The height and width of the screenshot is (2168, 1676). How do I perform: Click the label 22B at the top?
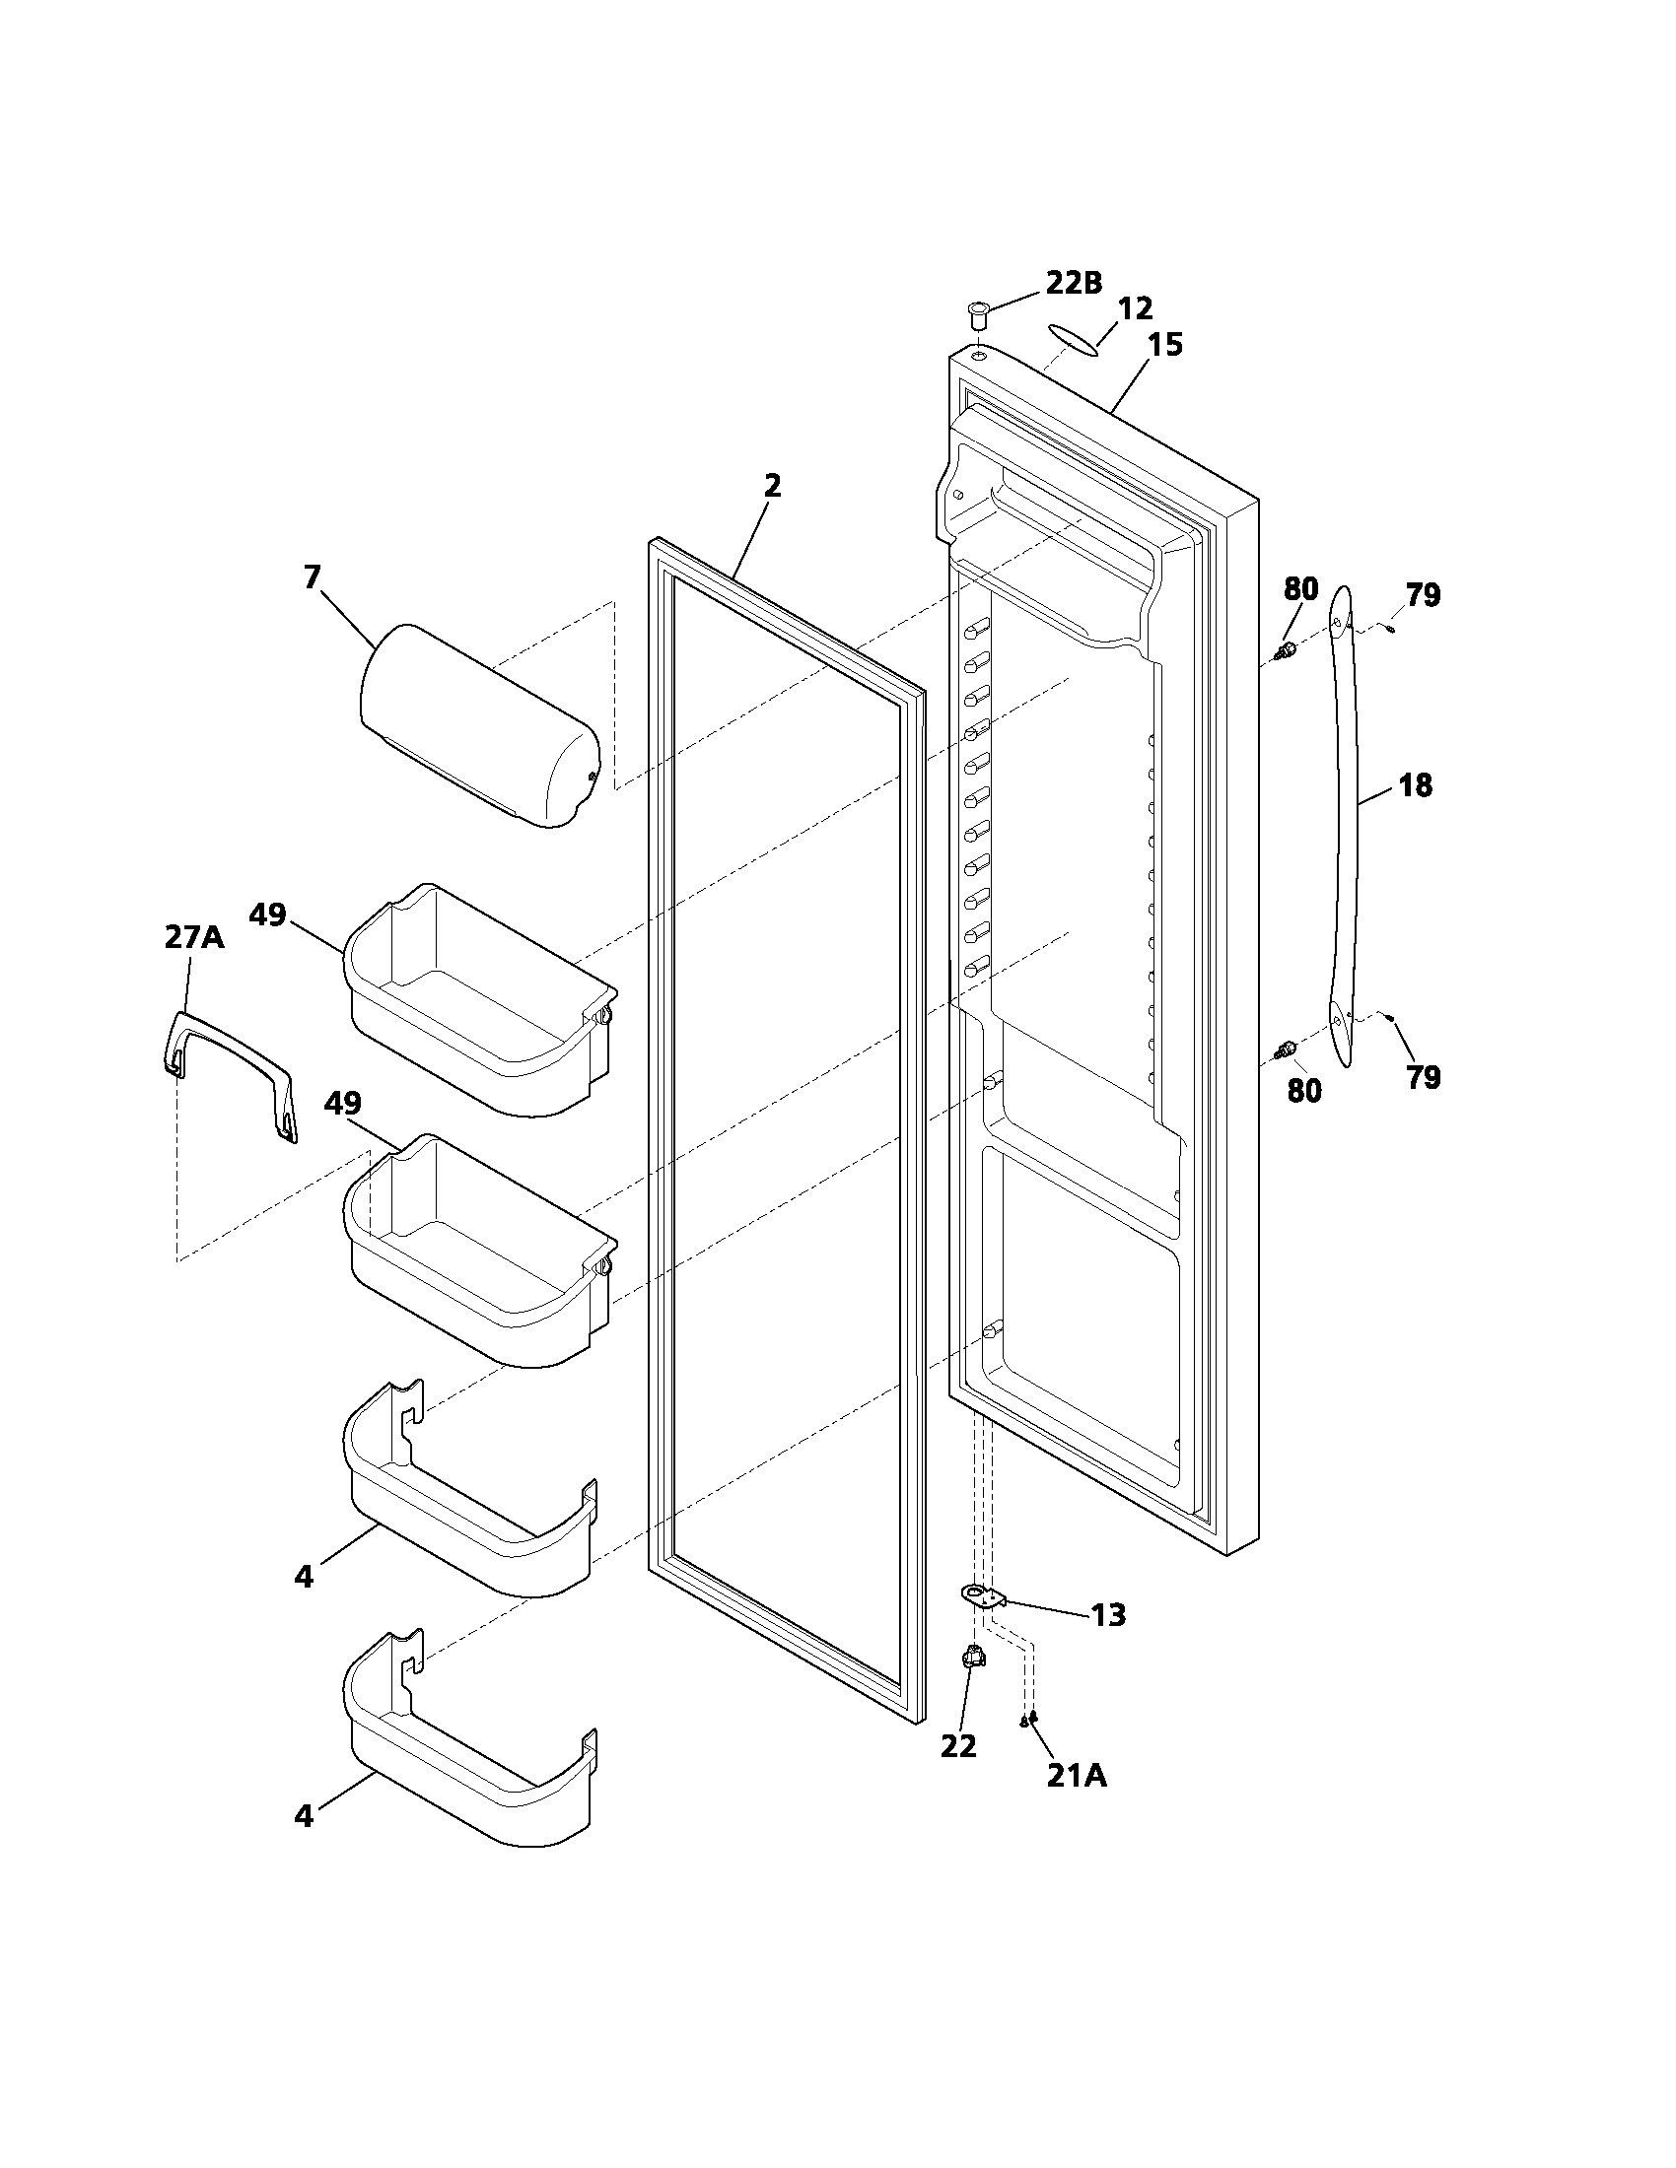click(x=1073, y=283)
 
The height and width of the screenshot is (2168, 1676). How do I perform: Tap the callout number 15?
click(x=1165, y=345)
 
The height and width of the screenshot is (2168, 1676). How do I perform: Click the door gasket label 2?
click(x=772, y=486)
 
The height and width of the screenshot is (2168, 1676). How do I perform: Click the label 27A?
click(x=193, y=936)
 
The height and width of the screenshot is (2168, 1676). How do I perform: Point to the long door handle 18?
click(x=1343, y=824)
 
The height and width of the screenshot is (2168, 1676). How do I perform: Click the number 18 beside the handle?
click(x=1415, y=785)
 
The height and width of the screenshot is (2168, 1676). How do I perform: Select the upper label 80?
click(x=1300, y=588)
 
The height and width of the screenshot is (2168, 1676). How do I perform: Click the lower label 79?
click(x=1423, y=1077)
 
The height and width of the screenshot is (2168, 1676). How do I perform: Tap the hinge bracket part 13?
click(x=984, y=1595)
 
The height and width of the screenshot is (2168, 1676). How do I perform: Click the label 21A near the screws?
click(x=1077, y=1775)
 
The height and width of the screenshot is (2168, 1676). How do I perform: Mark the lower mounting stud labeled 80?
click(x=1286, y=1049)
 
